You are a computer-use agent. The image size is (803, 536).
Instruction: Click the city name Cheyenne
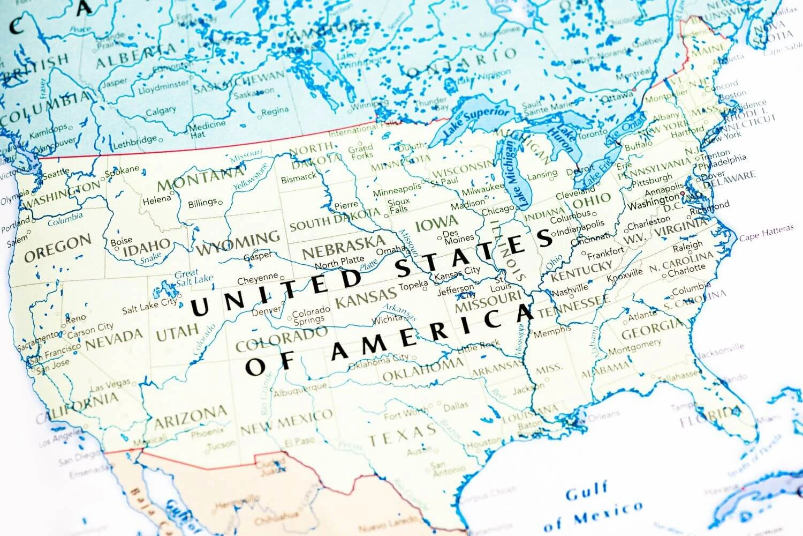257,279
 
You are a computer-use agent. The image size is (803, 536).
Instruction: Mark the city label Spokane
122,171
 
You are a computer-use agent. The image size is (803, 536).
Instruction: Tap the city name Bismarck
298,177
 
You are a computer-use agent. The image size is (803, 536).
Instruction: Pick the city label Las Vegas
111,385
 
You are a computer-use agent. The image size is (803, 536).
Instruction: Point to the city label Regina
275,111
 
